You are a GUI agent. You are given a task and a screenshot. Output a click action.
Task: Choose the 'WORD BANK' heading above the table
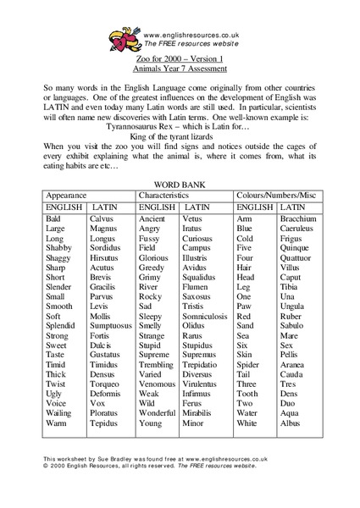coord(179,184)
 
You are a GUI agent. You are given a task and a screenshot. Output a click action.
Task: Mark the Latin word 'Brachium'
coord(298,218)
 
